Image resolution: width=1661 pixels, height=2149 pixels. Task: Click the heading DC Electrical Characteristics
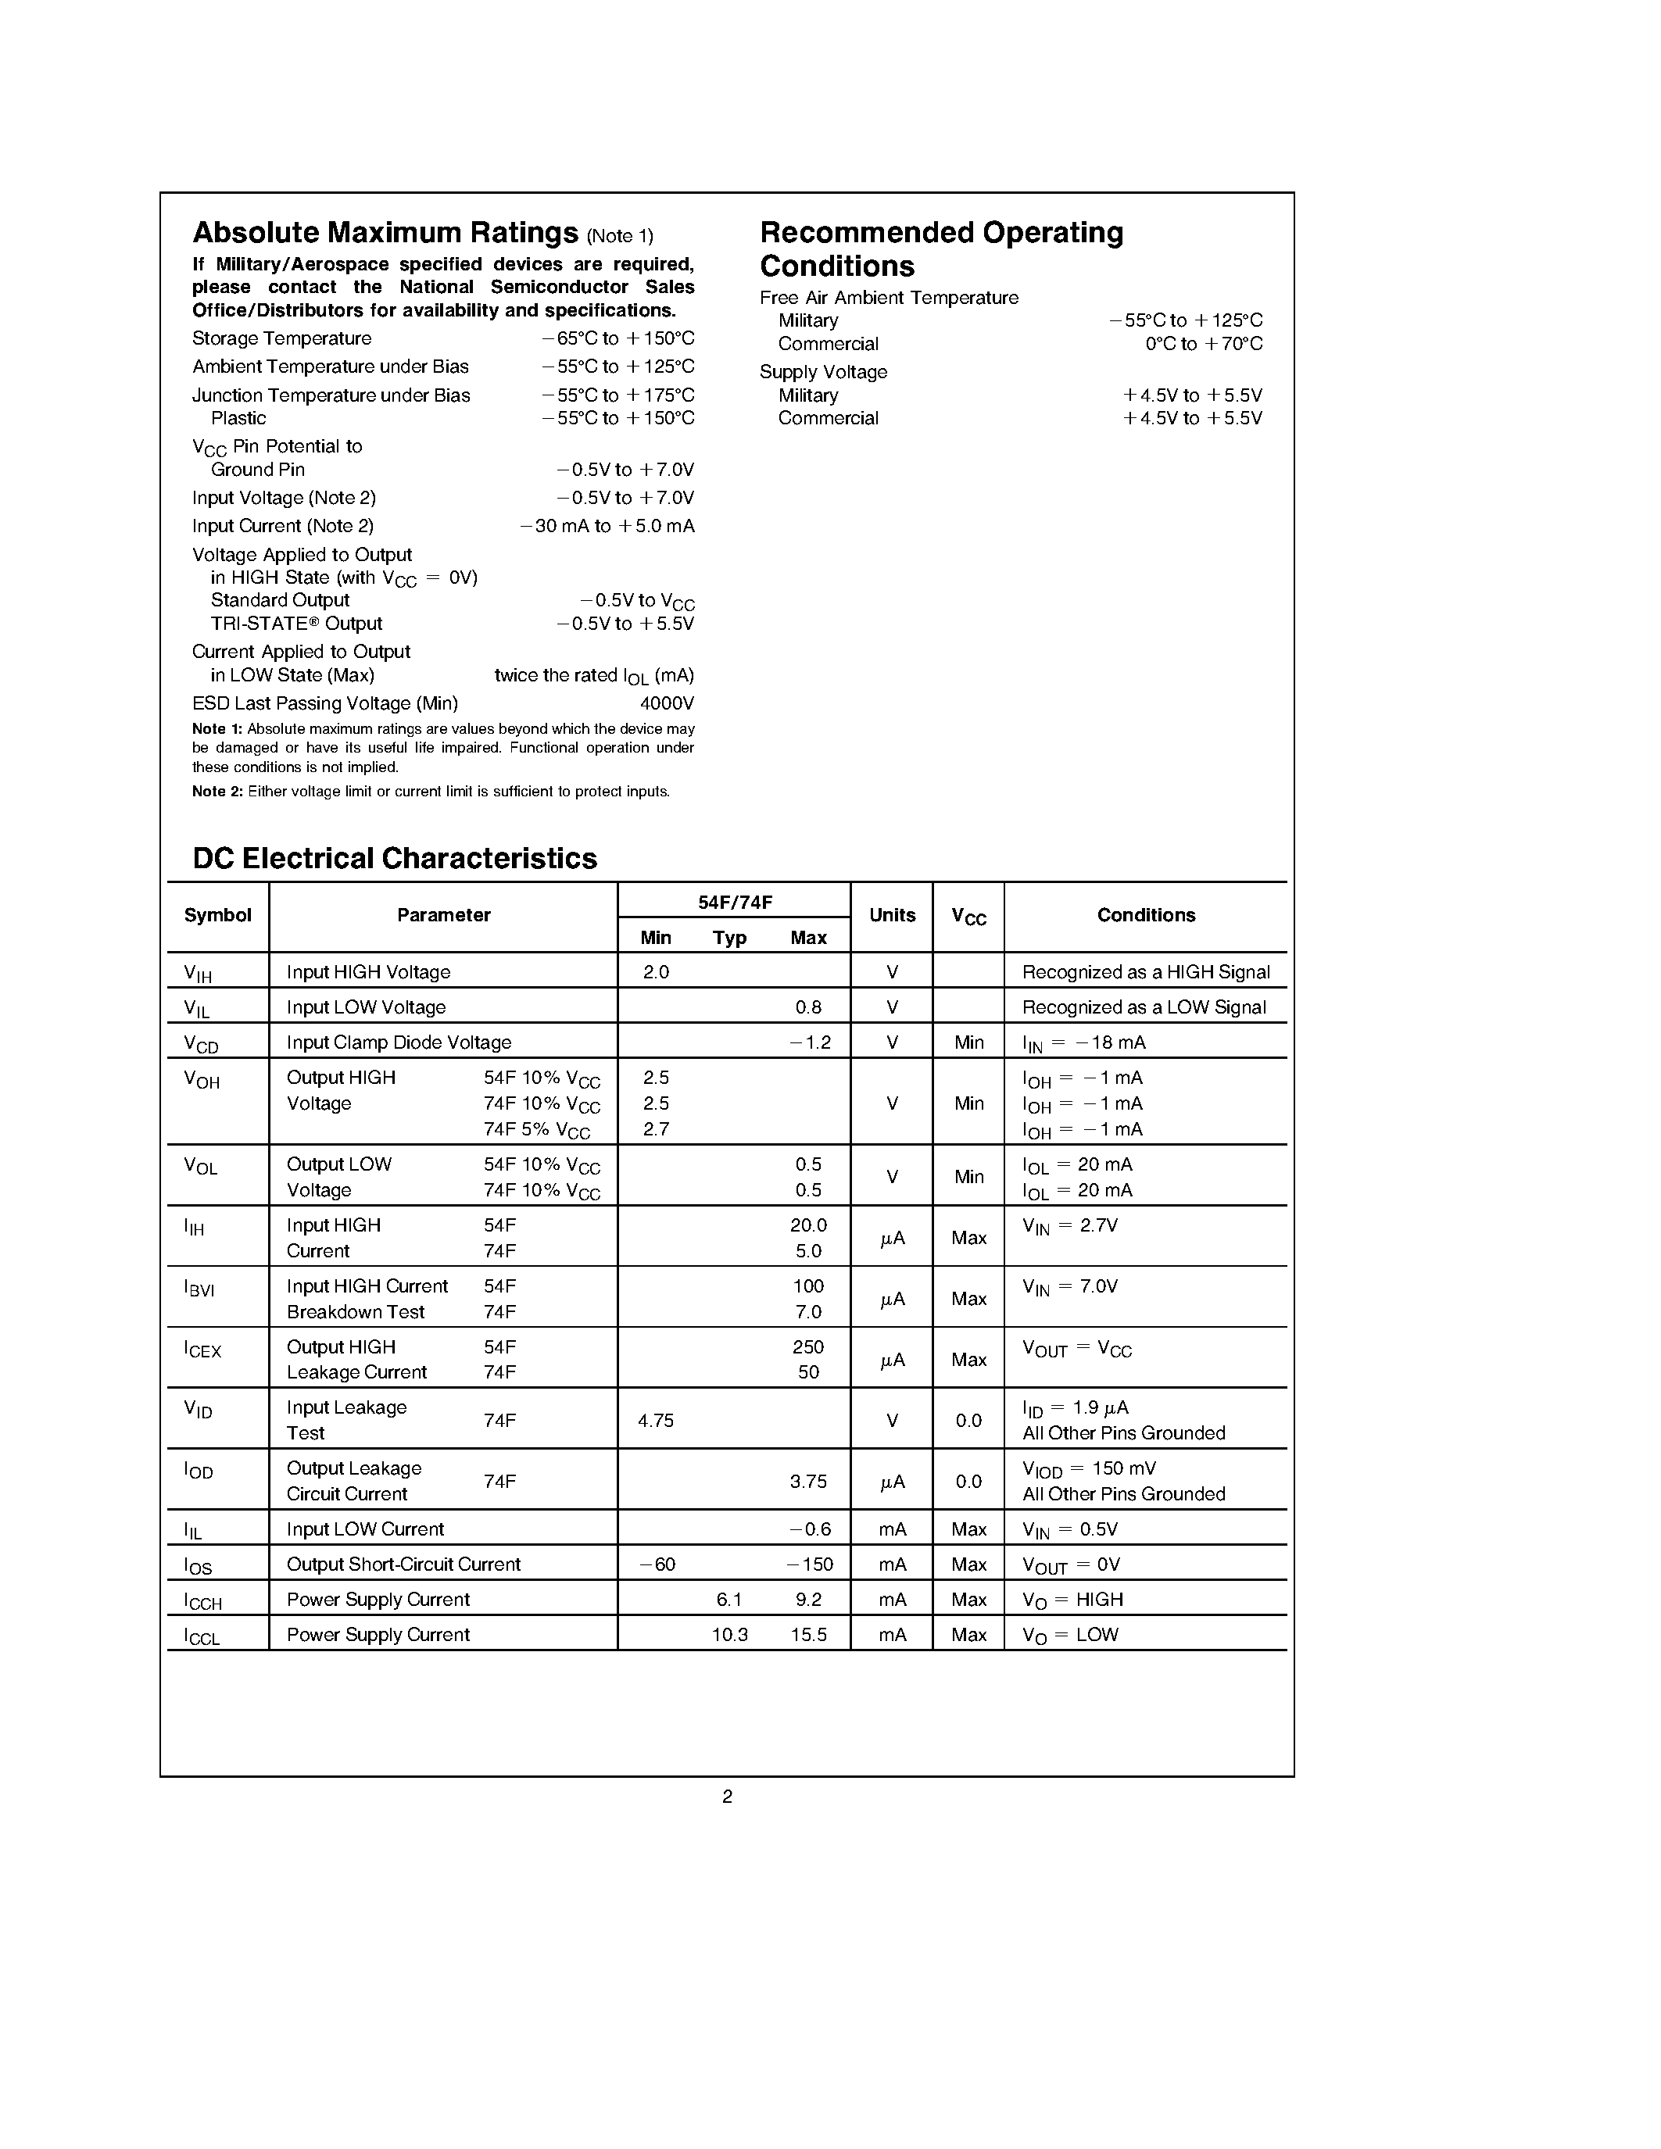coord(395,859)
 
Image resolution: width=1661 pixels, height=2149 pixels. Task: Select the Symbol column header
coord(217,915)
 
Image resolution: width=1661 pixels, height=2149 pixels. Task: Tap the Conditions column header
coord(1145,915)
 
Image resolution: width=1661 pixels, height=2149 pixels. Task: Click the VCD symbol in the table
coord(201,1044)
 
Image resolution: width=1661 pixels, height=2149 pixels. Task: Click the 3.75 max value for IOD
coord(808,1481)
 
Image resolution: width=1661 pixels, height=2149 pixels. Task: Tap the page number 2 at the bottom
coord(727,1797)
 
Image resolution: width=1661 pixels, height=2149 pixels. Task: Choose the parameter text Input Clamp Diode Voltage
coord(399,1042)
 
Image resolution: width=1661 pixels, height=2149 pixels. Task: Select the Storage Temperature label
coord(281,338)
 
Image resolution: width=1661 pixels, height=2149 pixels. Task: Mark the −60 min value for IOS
coord(657,1564)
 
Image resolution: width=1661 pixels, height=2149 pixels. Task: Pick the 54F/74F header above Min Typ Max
coord(733,900)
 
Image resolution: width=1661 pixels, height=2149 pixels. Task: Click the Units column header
coord(892,915)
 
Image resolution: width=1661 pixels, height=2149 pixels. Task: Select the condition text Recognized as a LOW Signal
coord(1144,1007)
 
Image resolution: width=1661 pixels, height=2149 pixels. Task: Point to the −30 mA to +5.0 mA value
coord(607,527)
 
